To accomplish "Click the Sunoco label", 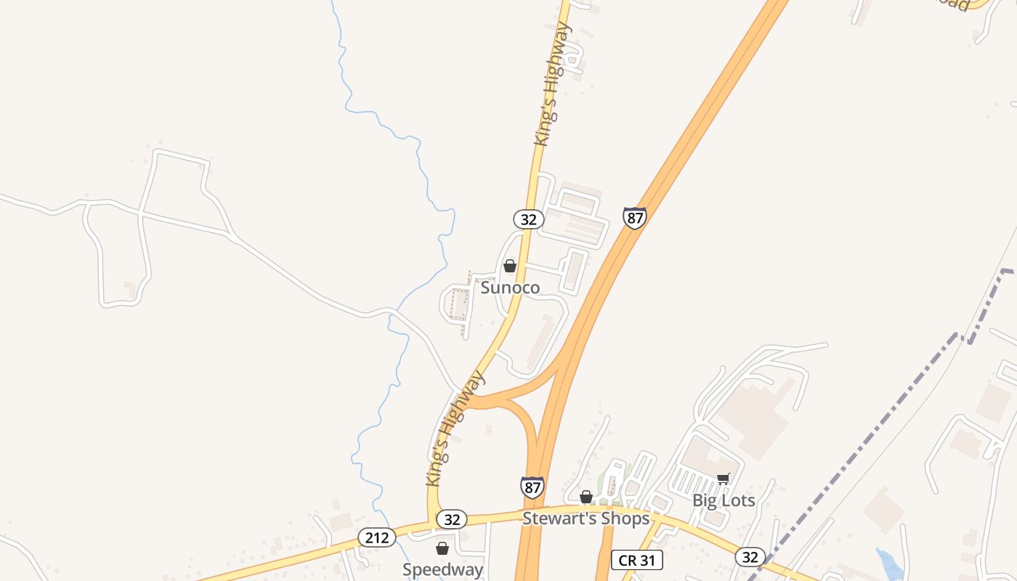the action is pos(510,288).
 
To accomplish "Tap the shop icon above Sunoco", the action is pos(510,267).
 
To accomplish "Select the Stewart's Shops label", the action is pos(586,519).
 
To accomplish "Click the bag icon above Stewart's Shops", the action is pos(586,497).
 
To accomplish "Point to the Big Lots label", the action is pos(723,500).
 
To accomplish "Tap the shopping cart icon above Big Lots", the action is pos(723,479).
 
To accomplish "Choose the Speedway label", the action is pos(442,569).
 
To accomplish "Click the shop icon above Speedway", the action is pos(442,548).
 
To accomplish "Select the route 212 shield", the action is pos(376,537).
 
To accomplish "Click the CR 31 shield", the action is pos(636,560).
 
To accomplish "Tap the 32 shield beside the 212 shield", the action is pos(452,519).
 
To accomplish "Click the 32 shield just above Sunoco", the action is pos(528,219).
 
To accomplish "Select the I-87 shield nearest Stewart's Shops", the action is pos(532,487).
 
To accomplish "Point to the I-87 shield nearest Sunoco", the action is pos(634,217).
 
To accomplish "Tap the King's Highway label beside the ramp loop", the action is pos(455,428).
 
